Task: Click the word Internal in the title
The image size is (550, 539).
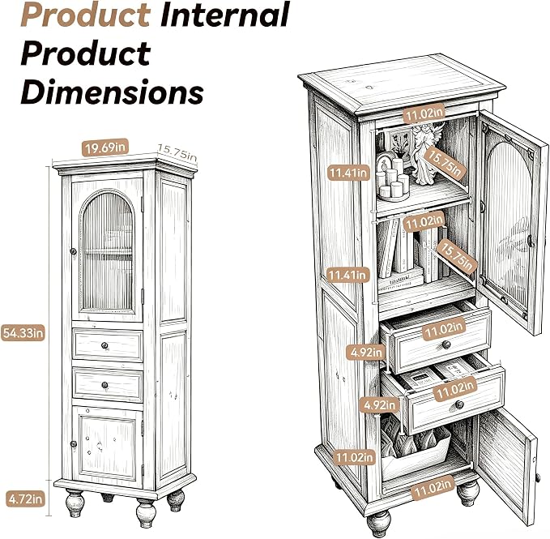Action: click(x=225, y=15)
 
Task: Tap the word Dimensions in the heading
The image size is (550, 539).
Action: click(x=113, y=92)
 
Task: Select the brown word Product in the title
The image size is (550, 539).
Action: click(x=86, y=15)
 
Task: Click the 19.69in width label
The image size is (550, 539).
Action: click(x=104, y=148)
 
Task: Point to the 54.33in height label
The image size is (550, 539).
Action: click(x=23, y=333)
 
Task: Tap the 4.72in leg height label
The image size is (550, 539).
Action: click(x=26, y=498)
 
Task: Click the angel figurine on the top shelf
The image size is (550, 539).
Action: click(x=425, y=152)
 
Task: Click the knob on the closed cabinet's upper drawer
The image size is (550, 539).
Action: click(x=104, y=346)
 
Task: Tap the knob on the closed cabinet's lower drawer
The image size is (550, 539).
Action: click(x=104, y=385)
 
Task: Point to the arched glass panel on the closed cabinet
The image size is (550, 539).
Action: click(x=108, y=250)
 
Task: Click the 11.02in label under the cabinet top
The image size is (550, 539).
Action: click(x=424, y=113)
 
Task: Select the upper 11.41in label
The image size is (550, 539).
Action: click(x=348, y=173)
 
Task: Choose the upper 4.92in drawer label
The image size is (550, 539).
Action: click(x=366, y=353)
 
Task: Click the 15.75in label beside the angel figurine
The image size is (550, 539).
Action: click(x=445, y=163)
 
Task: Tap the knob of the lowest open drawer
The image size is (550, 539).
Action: click(x=460, y=405)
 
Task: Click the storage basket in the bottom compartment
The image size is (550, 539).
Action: click(x=416, y=449)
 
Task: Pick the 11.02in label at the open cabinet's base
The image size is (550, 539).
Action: click(x=433, y=487)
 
